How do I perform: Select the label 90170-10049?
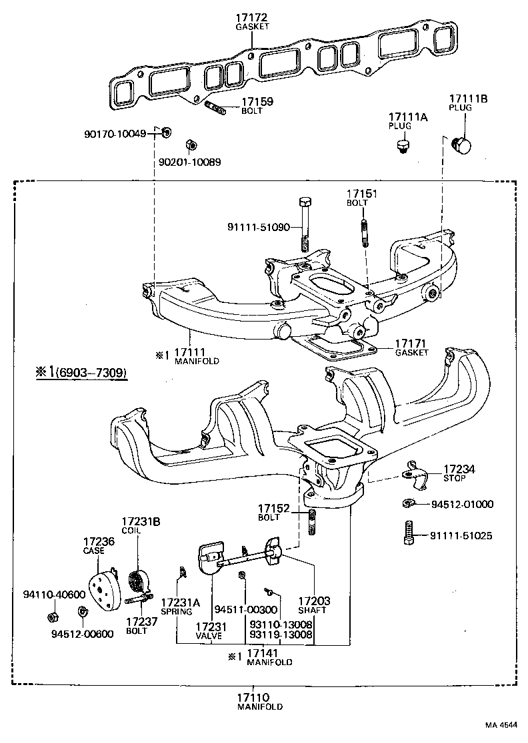[x=114, y=133]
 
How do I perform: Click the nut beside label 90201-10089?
[x=189, y=145]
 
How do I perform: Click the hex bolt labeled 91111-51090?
[x=304, y=220]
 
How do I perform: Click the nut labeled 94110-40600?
[x=52, y=613]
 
